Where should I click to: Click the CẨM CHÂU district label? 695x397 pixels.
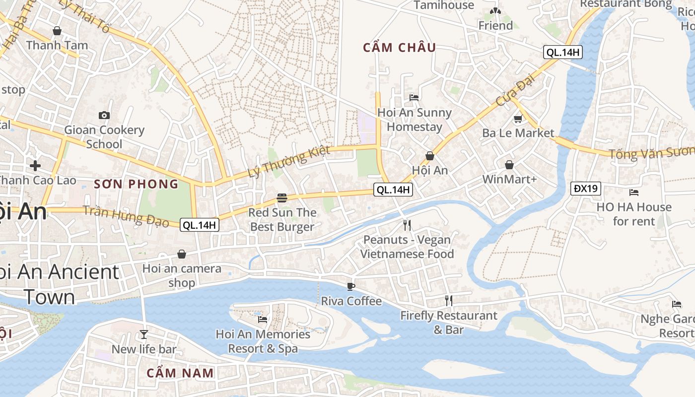tap(400, 48)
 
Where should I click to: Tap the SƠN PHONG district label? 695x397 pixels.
tap(137, 184)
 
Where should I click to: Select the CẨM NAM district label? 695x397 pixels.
tap(181, 373)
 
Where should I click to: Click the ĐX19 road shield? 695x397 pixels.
tap(586, 189)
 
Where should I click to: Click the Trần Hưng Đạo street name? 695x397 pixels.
tap(126, 216)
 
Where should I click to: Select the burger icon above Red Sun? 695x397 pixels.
tap(282, 198)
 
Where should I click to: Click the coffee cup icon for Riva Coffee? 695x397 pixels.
tap(351, 286)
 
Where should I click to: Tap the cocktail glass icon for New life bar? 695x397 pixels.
tap(144, 334)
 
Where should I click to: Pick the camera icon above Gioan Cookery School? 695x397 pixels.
tap(104, 115)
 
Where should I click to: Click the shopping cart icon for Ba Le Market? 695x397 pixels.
tap(518, 119)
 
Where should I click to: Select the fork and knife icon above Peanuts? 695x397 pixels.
tap(407, 225)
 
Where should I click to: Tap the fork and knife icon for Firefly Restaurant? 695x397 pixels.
tap(449, 300)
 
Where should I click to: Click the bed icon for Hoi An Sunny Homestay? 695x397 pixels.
tap(414, 97)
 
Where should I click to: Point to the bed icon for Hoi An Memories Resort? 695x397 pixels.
tap(263, 319)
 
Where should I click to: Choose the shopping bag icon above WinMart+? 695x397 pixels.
tap(509, 165)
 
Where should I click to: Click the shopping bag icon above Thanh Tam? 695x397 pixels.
tap(57, 31)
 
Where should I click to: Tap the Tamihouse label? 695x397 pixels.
tap(444, 5)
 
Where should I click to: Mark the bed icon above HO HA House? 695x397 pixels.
tap(633, 192)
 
